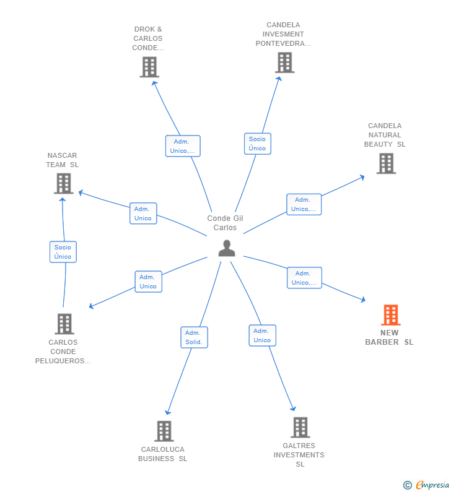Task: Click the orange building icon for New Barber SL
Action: (390, 315)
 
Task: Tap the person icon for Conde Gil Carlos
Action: (227, 248)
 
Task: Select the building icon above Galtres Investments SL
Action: (300, 427)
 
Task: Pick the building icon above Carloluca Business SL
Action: (164, 431)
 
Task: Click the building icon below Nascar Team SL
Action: (63, 183)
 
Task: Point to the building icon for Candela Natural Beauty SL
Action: (386, 163)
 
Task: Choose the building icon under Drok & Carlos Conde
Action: (149, 67)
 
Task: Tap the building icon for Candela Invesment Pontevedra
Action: (284, 63)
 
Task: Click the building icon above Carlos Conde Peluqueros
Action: (64, 324)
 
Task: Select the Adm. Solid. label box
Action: (194, 337)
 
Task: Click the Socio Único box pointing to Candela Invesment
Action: (257, 144)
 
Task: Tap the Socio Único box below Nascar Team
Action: (63, 252)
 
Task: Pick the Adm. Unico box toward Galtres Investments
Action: (262, 335)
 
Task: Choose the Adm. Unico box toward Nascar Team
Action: (143, 214)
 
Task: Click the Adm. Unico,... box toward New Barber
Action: (304, 278)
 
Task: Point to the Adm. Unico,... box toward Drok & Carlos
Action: (183, 146)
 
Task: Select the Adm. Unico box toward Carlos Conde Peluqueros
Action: (148, 282)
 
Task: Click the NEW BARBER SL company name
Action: (389, 337)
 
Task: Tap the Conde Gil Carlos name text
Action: (225, 223)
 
